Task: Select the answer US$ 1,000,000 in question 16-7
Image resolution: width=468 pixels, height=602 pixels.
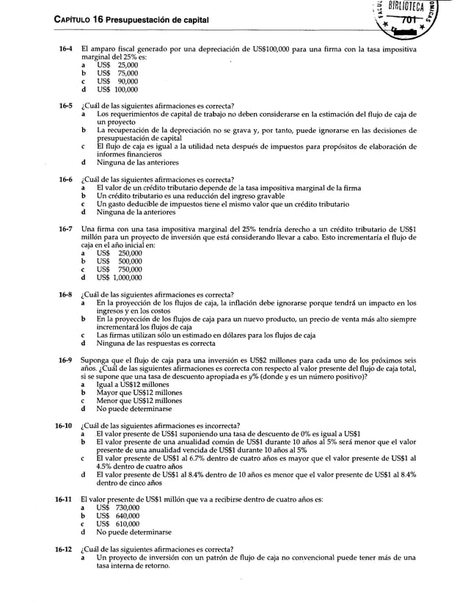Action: tap(120, 278)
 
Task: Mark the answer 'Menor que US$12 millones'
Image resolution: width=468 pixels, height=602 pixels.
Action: tap(139, 401)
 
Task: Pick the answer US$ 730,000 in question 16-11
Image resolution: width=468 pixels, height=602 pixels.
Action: tap(117, 507)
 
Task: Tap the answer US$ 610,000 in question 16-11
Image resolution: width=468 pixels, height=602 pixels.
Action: tap(117, 524)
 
